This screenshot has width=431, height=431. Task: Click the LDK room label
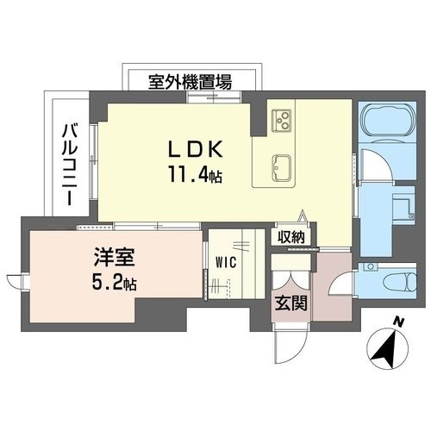196,148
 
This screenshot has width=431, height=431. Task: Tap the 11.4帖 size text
196,174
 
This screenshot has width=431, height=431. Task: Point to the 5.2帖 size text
114,282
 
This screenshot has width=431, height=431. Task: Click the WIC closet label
227,262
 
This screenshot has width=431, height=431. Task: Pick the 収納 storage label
290,237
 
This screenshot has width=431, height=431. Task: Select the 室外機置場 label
190,82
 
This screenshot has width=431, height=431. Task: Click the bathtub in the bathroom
388,119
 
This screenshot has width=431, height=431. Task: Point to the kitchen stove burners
281,121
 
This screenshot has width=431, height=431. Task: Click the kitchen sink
282,168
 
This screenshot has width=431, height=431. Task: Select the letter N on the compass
397,322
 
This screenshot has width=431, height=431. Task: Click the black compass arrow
384,350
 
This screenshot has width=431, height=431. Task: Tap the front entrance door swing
290,343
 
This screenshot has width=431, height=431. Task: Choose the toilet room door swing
341,283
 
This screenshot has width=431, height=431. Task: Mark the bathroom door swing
377,165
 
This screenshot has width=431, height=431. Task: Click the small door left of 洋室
16,281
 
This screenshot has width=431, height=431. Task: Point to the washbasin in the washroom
403,205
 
